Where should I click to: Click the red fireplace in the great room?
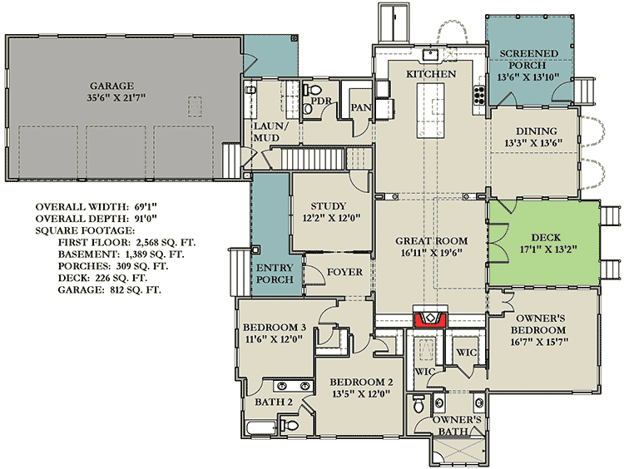point(431,319)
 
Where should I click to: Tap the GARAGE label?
point(111,86)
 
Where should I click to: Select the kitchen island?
point(430,111)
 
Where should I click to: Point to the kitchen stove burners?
point(479,96)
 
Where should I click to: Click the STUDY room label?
point(329,206)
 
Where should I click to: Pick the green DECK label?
point(546,238)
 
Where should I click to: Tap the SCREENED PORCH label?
point(529,59)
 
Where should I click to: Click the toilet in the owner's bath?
point(418,404)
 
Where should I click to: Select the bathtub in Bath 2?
point(261,428)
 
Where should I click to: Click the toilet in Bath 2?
point(290,425)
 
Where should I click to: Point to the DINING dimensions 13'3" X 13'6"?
point(533,143)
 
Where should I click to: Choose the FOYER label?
point(344,272)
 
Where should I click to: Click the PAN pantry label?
point(361,107)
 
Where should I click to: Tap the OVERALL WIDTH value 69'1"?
point(146,206)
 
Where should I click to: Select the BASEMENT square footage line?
point(121,254)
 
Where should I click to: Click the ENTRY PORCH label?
point(275,274)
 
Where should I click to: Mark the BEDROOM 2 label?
point(361,383)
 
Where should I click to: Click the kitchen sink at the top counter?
point(431,55)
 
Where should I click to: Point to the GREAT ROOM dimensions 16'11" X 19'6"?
point(431,253)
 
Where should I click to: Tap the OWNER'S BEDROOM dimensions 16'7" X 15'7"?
point(540,342)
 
